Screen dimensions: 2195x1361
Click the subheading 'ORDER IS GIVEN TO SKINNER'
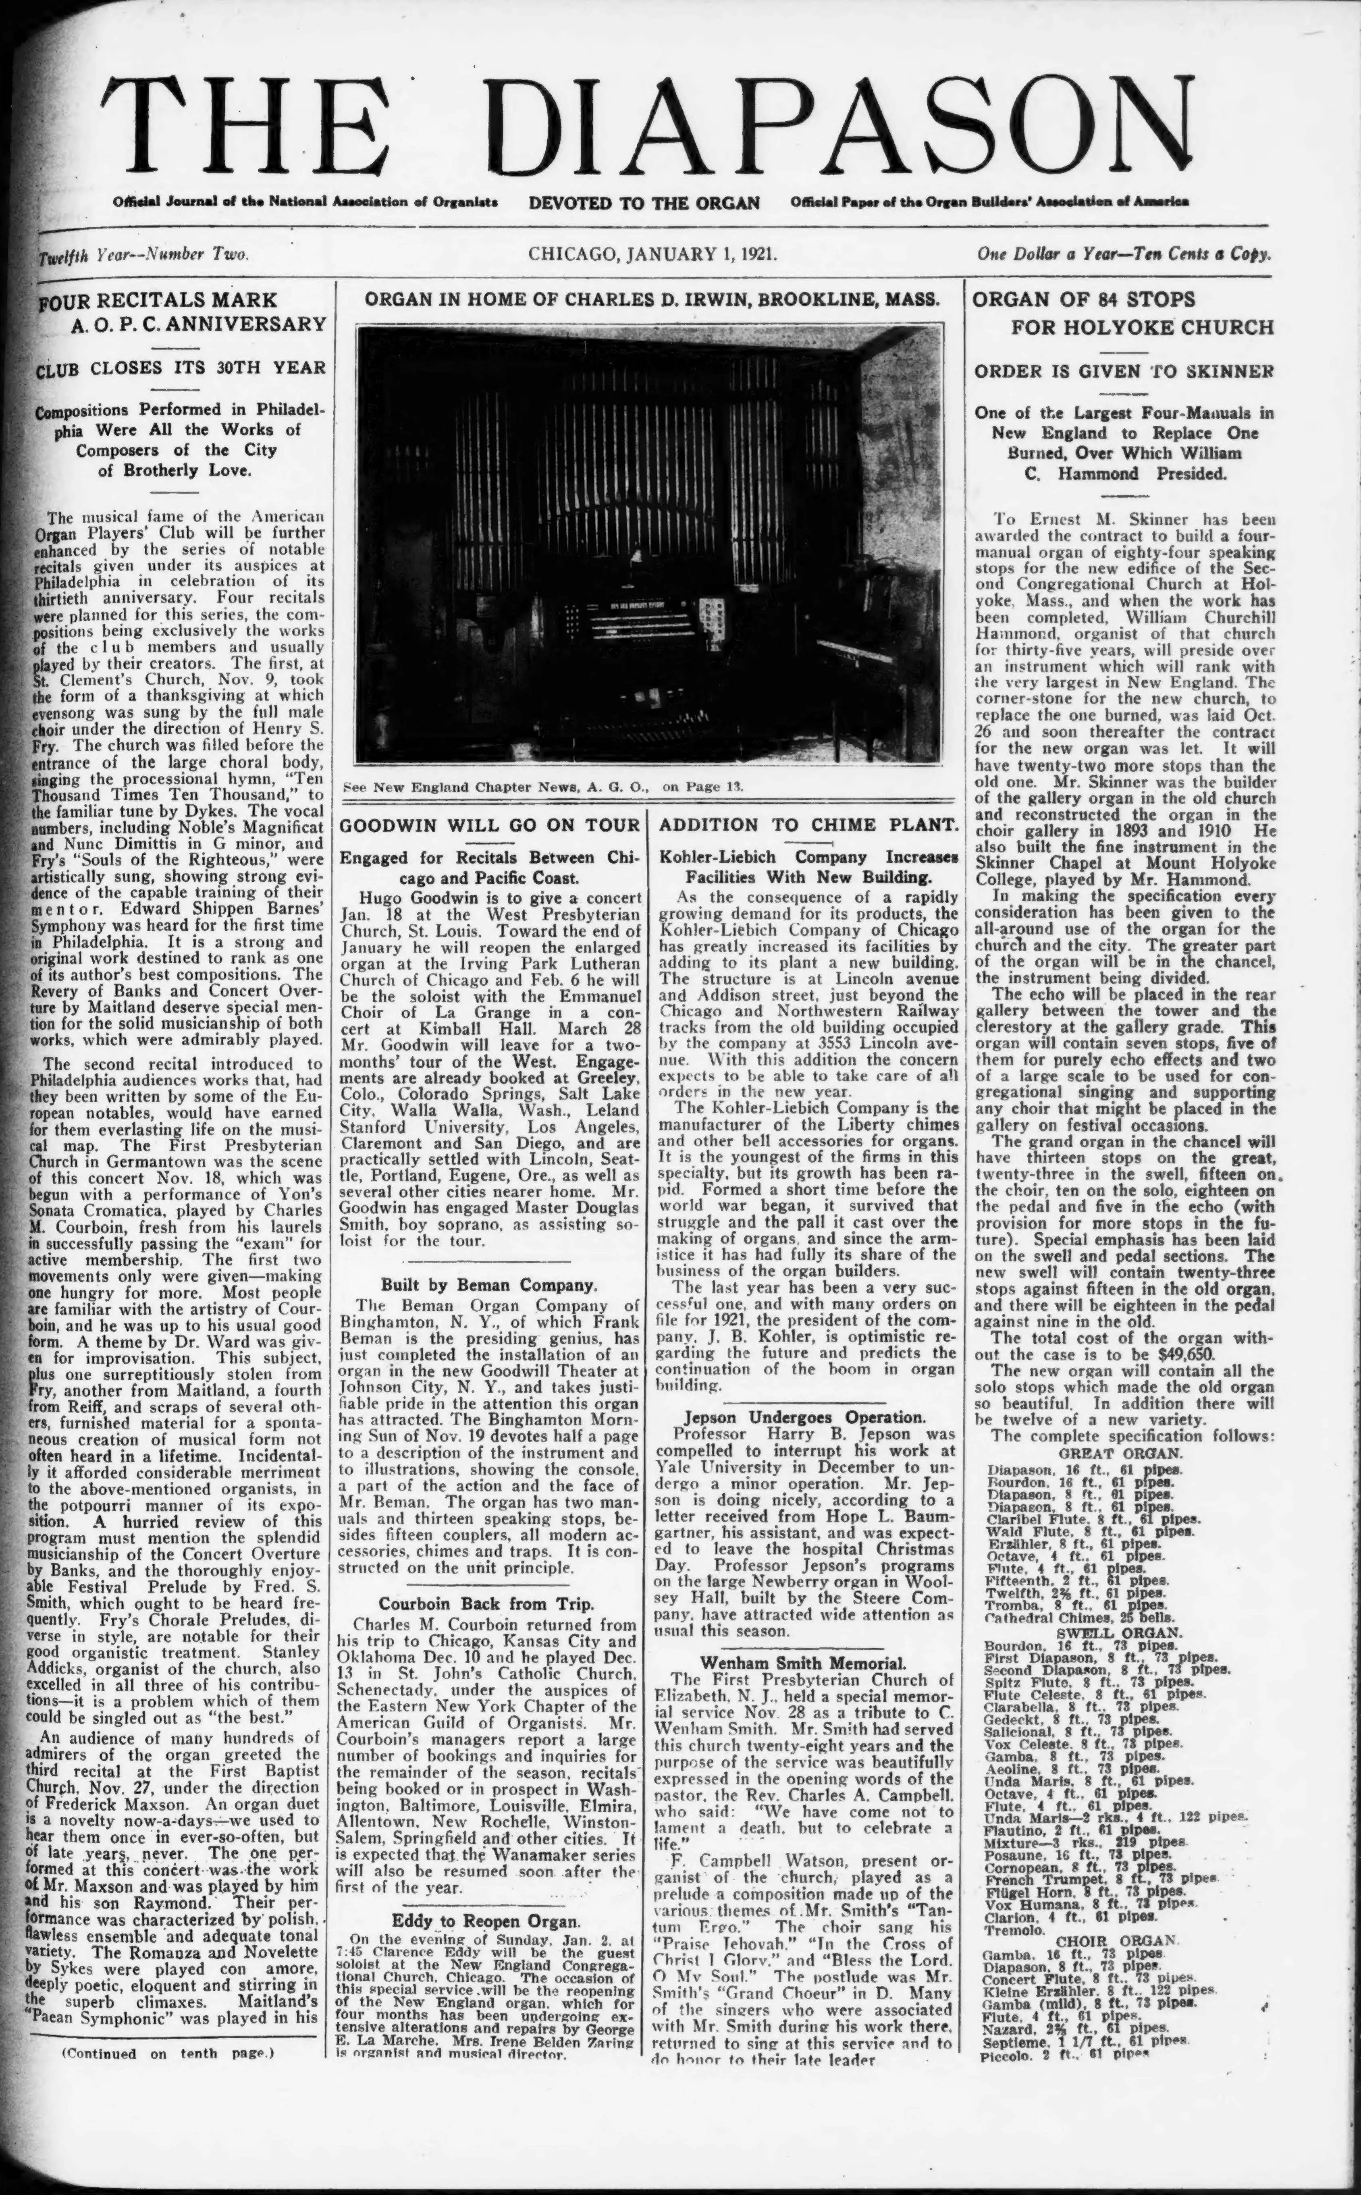coord(1123,371)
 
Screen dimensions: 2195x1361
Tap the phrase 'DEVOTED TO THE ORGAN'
coord(644,202)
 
